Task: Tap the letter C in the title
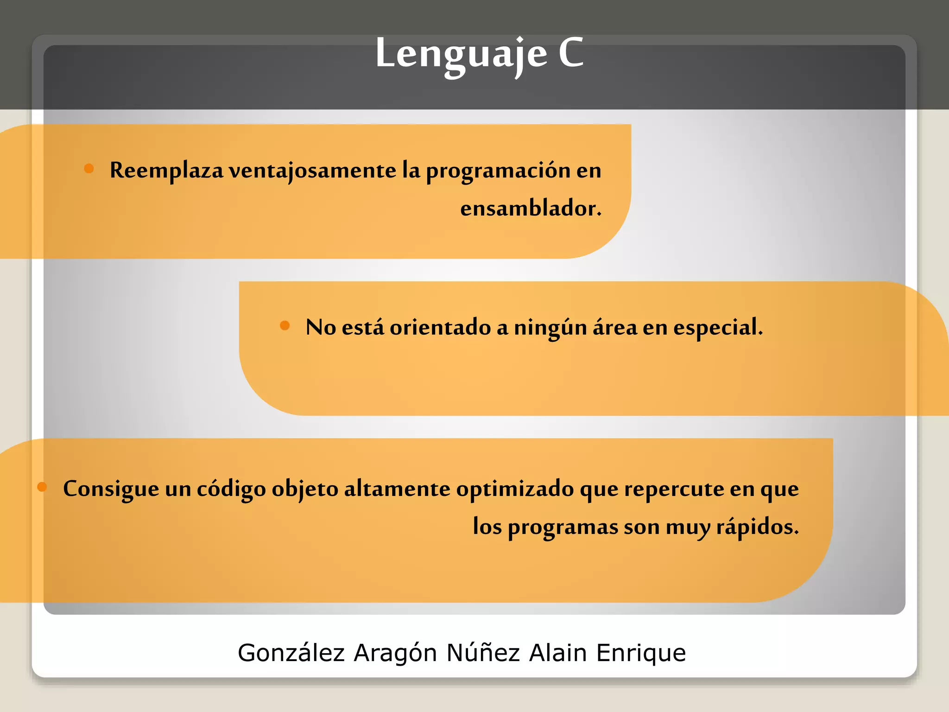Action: (571, 53)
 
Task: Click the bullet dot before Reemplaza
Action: (89, 168)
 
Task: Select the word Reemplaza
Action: (166, 171)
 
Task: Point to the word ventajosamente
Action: (313, 171)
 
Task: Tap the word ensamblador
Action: (530, 208)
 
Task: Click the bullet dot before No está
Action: (285, 325)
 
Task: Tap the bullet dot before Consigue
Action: (42, 487)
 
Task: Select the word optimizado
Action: (515, 489)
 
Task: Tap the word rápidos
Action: (757, 527)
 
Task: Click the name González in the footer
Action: (291, 653)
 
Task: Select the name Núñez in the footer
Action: (483, 653)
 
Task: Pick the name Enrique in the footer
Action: (641, 653)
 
